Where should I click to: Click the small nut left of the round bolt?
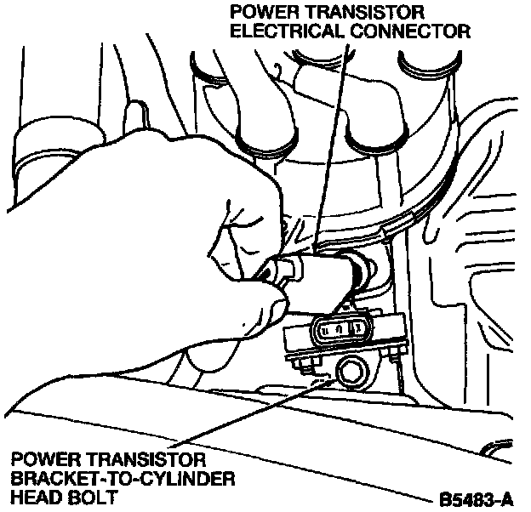coord(306,365)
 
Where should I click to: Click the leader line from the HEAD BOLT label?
coord(247,417)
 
